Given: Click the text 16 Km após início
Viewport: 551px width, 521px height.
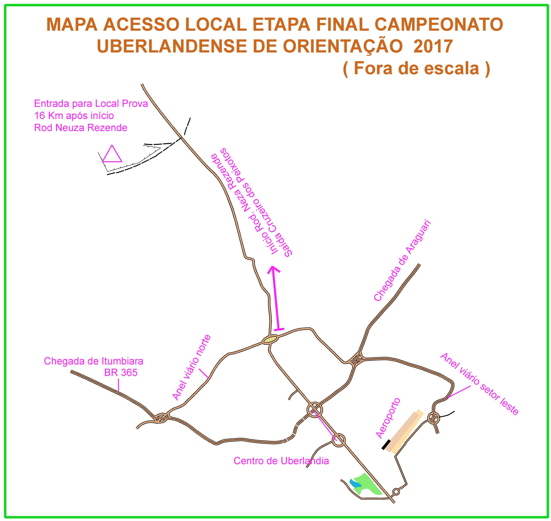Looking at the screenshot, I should tap(74, 115).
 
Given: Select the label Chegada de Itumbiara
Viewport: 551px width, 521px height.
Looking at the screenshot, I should tap(94, 361).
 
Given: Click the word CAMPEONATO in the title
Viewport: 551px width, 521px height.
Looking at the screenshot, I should tap(439, 24).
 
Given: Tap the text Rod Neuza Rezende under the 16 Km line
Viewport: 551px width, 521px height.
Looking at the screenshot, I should tap(80, 127).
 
